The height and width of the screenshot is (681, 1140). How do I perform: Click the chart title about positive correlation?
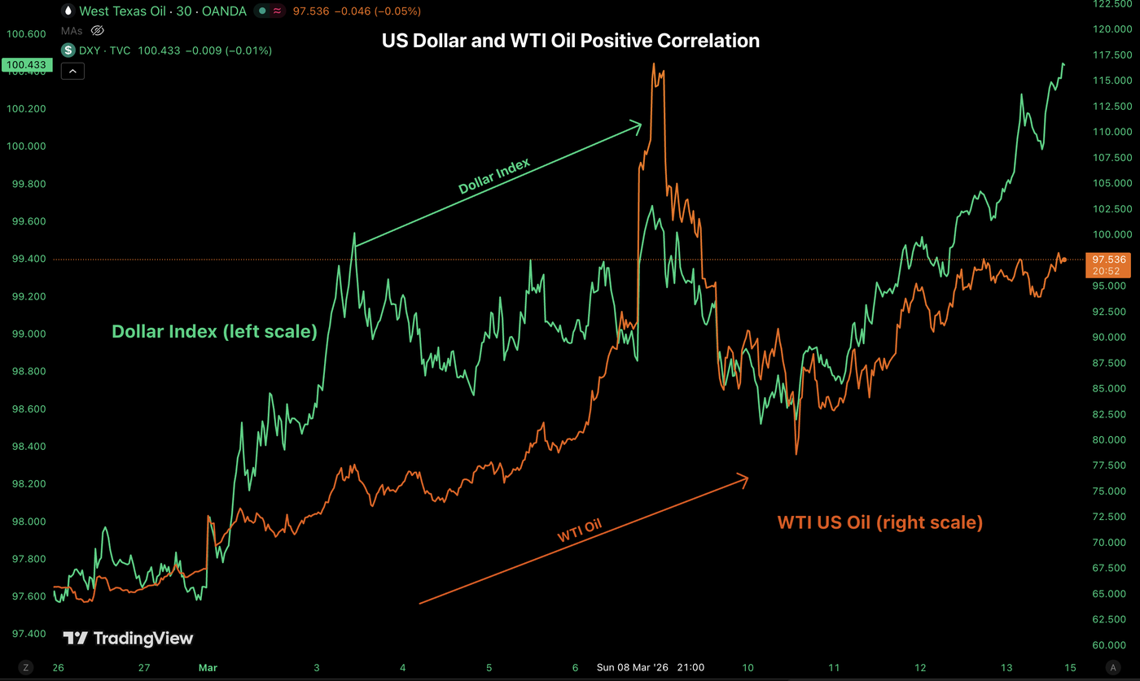[570, 40]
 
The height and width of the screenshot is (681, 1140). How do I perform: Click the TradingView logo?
[129, 638]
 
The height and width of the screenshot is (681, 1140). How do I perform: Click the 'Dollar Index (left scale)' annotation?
[214, 331]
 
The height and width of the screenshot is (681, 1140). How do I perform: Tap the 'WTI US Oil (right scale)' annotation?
[879, 522]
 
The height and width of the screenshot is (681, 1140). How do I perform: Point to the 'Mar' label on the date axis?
[207, 667]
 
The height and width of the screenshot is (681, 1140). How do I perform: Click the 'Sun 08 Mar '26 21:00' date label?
[651, 667]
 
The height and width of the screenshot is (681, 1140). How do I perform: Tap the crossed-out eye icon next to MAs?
[97, 31]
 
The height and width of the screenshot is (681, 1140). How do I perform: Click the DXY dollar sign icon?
[69, 50]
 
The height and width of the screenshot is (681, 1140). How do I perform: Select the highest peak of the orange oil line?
[654, 65]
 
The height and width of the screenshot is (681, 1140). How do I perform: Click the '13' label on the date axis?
[1006, 667]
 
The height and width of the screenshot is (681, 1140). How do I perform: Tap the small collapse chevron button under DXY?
[72, 72]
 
